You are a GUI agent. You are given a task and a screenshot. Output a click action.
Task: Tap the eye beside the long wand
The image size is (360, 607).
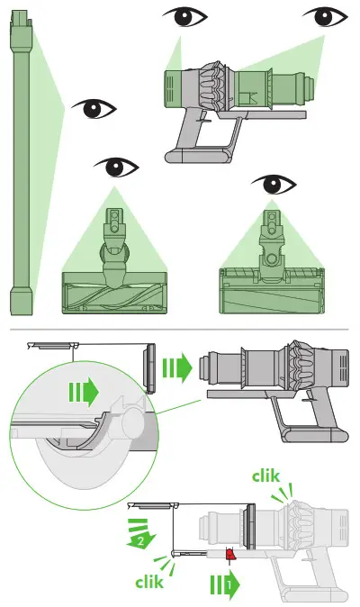94,110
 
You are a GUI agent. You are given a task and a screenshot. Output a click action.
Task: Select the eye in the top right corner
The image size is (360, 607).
326,17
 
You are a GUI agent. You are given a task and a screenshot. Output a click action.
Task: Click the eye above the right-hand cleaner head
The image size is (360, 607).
274,186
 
